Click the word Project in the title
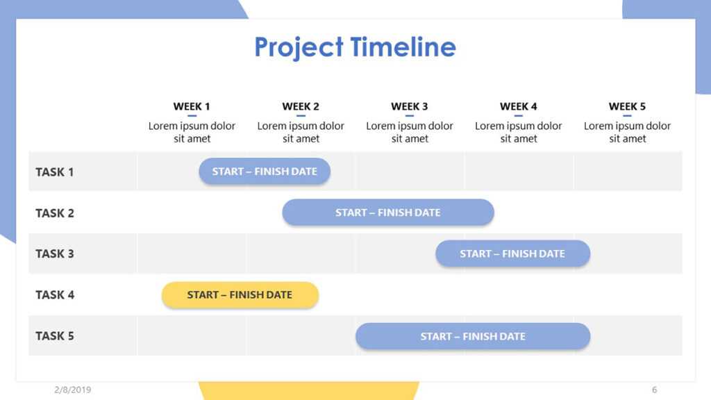click(x=299, y=47)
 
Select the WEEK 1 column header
click(x=192, y=106)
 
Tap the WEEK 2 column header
click(x=301, y=106)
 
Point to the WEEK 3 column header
click(x=410, y=106)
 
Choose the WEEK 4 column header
click(x=519, y=106)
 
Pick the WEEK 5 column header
click(x=627, y=106)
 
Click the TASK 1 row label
click(x=54, y=172)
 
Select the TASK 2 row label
click(x=54, y=212)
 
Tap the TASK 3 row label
click(x=54, y=253)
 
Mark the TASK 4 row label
click(x=54, y=294)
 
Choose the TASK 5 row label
click(x=54, y=335)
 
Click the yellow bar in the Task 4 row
click(x=240, y=294)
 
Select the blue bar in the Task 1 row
click(x=265, y=172)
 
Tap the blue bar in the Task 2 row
click(x=387, y=212)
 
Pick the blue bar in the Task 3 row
click(x=512, y=253)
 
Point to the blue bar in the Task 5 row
click(x=473, y=336)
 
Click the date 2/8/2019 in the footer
click(x=72, y=390)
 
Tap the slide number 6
click(x=654, y=390)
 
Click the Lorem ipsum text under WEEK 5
click(x=627, y=132)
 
